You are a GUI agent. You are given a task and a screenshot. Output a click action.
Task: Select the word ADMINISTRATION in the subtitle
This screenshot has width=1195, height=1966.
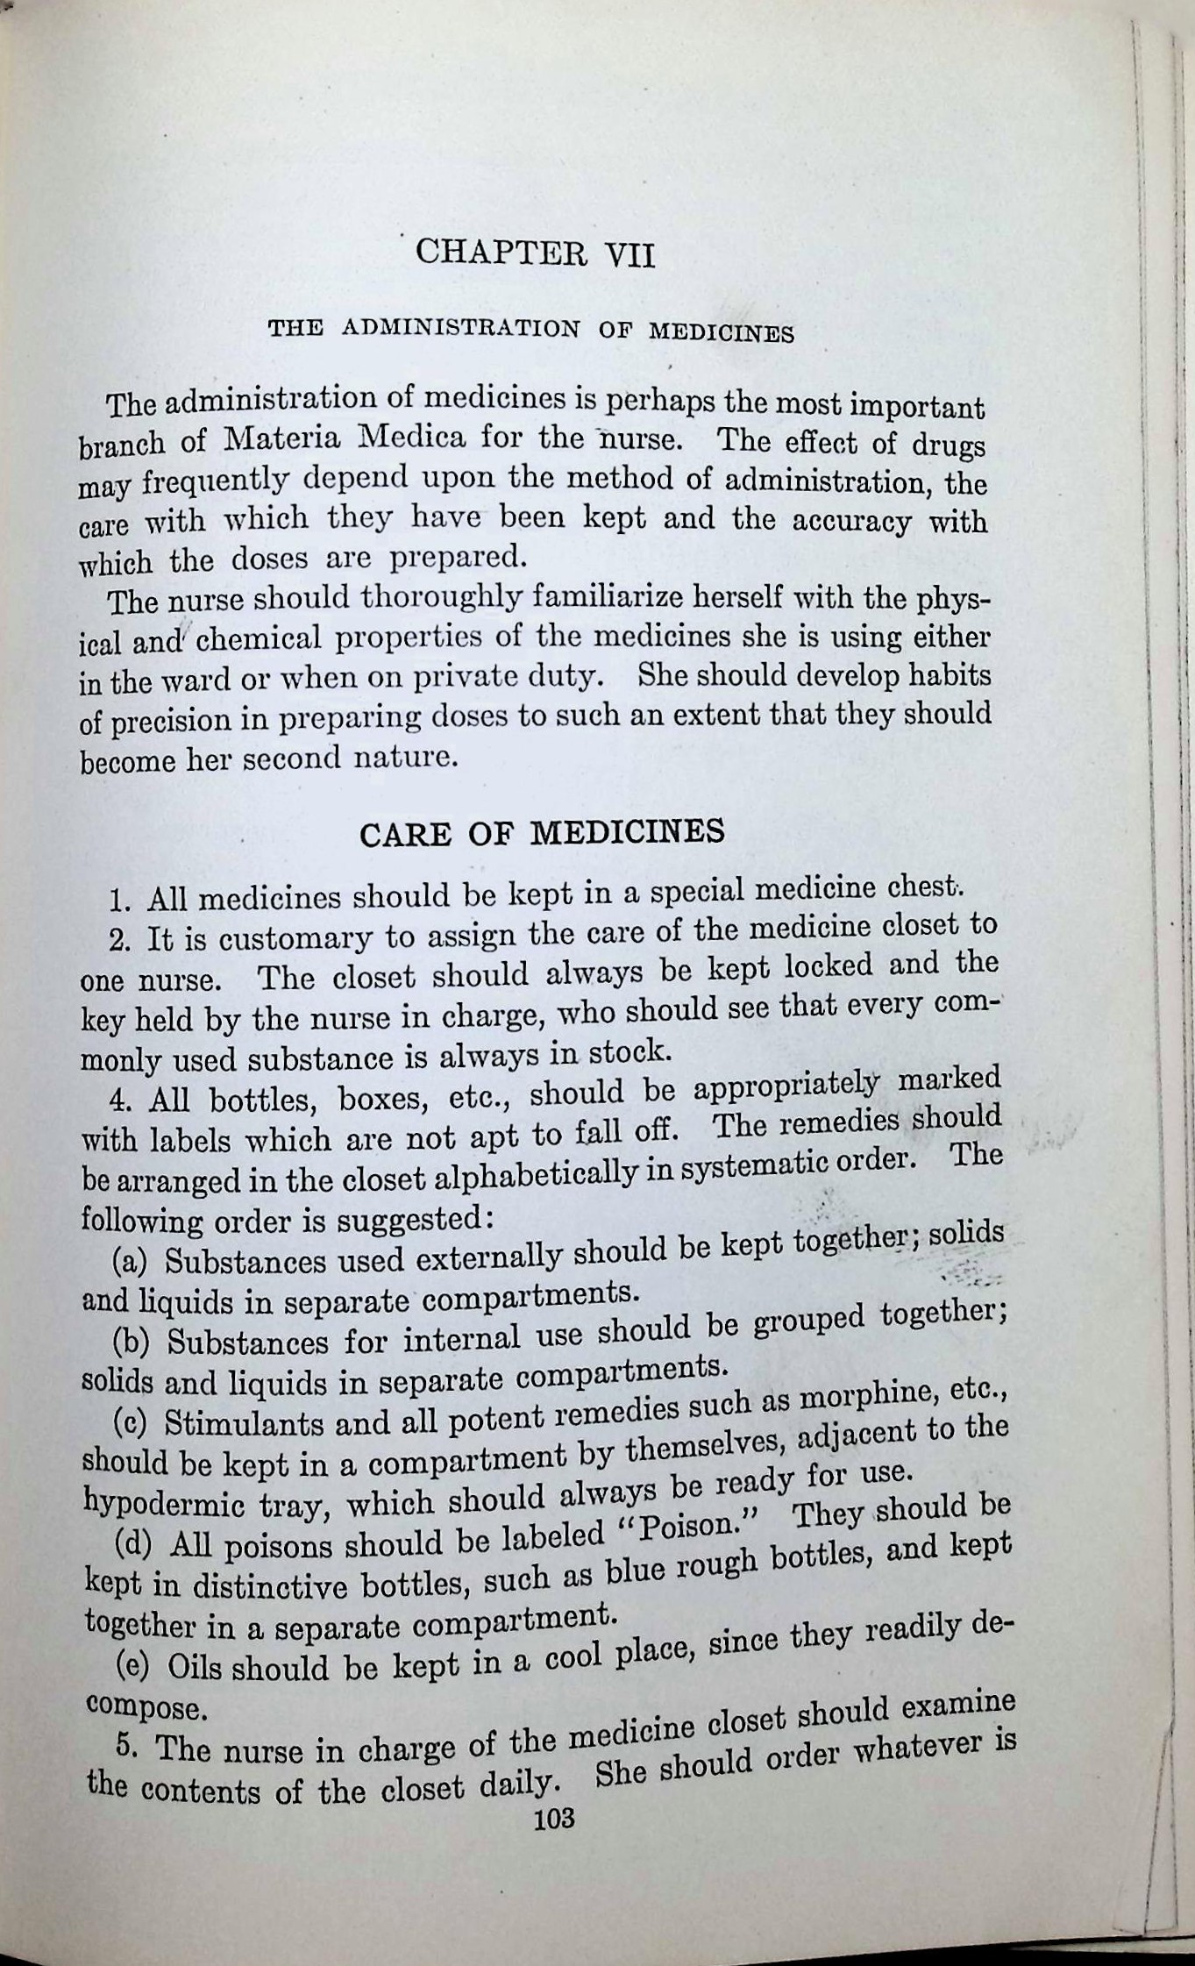click(x=460, y=329)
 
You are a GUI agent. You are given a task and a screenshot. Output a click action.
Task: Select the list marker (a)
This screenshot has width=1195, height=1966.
click(x=128, y=1263)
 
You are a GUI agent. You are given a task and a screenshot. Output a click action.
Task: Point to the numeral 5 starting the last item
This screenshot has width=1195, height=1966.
click(x=126, y=1746)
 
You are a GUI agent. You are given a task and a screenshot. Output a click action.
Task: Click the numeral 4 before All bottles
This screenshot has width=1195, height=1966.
click(x=117, y=1099)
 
